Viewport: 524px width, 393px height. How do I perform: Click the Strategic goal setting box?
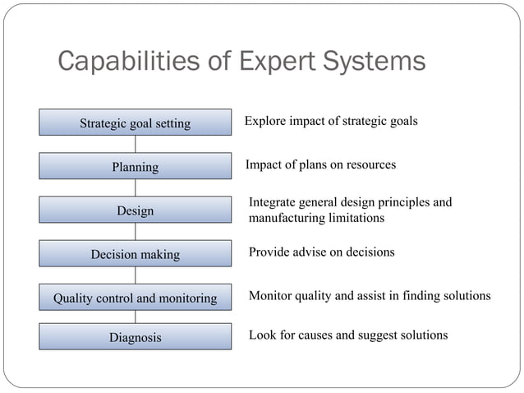pos(135,123)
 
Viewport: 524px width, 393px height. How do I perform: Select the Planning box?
pos(135,167)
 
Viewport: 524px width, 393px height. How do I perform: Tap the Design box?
pos(135,211)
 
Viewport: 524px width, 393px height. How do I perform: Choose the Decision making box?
pos(135,255)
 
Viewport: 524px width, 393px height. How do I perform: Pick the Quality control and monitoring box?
pos(135,298)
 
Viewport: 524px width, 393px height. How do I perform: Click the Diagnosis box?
pos(135,337)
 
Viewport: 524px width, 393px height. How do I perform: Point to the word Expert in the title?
pos(271,62)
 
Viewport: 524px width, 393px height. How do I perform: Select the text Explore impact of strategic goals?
pos(331,121)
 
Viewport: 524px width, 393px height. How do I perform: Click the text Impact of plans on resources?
pos(320,164)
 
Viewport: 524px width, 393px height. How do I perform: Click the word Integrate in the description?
pos(274,202)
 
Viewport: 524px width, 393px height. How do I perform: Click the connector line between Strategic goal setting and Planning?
pos(135,145)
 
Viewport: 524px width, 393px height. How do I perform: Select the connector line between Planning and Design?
pos(135,188)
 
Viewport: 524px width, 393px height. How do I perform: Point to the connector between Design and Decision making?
pos(135,232)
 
